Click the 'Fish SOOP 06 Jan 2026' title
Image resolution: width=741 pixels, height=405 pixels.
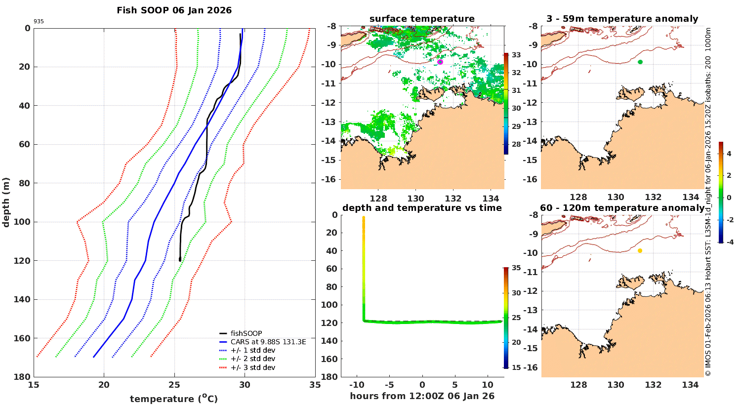coord(174,10)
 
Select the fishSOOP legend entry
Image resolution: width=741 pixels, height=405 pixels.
coord(246,333)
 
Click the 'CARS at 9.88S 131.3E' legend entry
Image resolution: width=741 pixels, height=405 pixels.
coord(268,342)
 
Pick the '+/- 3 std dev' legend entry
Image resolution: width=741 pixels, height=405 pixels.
coord(252,367)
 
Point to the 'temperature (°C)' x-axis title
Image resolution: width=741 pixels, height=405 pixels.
coord(174,399)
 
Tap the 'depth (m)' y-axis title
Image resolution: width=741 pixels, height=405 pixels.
coord(6,202)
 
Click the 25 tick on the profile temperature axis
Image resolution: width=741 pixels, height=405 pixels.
coord(174,385)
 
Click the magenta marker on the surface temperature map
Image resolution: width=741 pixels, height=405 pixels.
coord(440,62)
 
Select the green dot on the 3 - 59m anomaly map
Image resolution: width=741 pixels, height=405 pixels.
coord(640,62)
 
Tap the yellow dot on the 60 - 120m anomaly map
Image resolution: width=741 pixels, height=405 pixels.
coord(640,251)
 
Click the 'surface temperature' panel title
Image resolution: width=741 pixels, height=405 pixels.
coord(422,19)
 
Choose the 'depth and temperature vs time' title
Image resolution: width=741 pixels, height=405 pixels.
coord(422,208)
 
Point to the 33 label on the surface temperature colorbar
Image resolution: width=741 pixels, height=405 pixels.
coord(516,55)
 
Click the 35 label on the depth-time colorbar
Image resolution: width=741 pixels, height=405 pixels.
coord(516,268)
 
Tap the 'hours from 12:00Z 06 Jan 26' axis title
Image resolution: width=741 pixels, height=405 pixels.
coord(422,396)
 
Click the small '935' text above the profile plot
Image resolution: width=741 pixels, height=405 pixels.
coord(39,22)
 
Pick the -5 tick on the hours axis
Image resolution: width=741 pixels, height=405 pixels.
coord(389,385)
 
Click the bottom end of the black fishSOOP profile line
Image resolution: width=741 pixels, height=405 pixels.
coord(180,260)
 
